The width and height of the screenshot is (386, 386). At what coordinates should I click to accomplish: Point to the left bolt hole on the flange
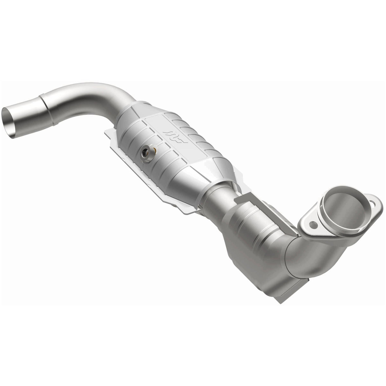point(314,225)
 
